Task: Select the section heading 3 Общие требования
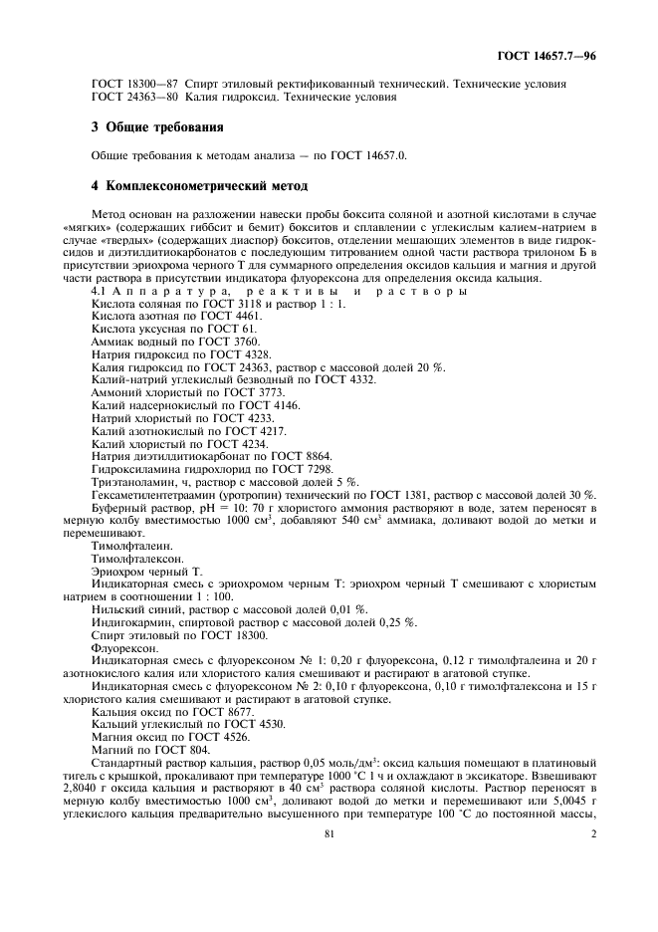(156, 127)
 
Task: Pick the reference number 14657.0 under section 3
(384, 156)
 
